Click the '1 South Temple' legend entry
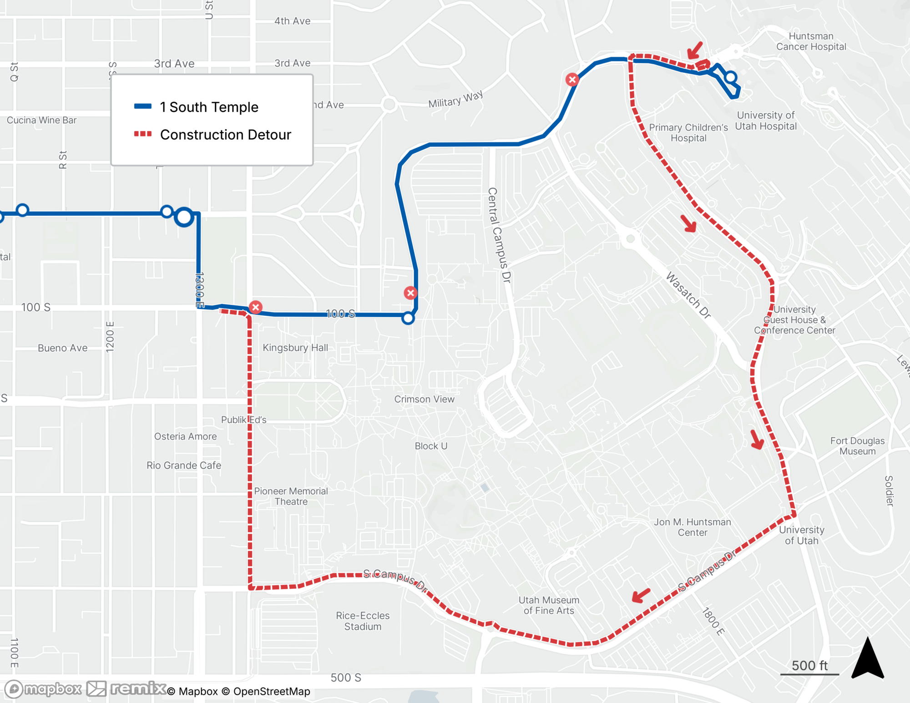click(209, 107)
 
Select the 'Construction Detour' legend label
click(225, 135)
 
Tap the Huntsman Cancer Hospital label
click(811, 41)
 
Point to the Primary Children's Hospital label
click(688, 132)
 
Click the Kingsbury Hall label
click(295, 348)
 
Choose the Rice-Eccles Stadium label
click(363, 621)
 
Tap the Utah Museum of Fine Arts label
click(549, 605)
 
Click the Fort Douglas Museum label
click(857, 446)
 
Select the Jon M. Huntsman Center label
click(693, 527)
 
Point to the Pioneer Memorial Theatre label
click(291, 496)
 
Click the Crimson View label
click(424, 399)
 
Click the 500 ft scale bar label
click(809, 665)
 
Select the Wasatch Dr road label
click(688, 295)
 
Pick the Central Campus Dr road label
click(499, 235)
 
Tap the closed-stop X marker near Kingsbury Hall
click(256, 307)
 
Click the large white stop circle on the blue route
click(184, 217)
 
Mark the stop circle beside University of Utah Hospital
click(731, 77)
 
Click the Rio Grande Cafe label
click(184, 465)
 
